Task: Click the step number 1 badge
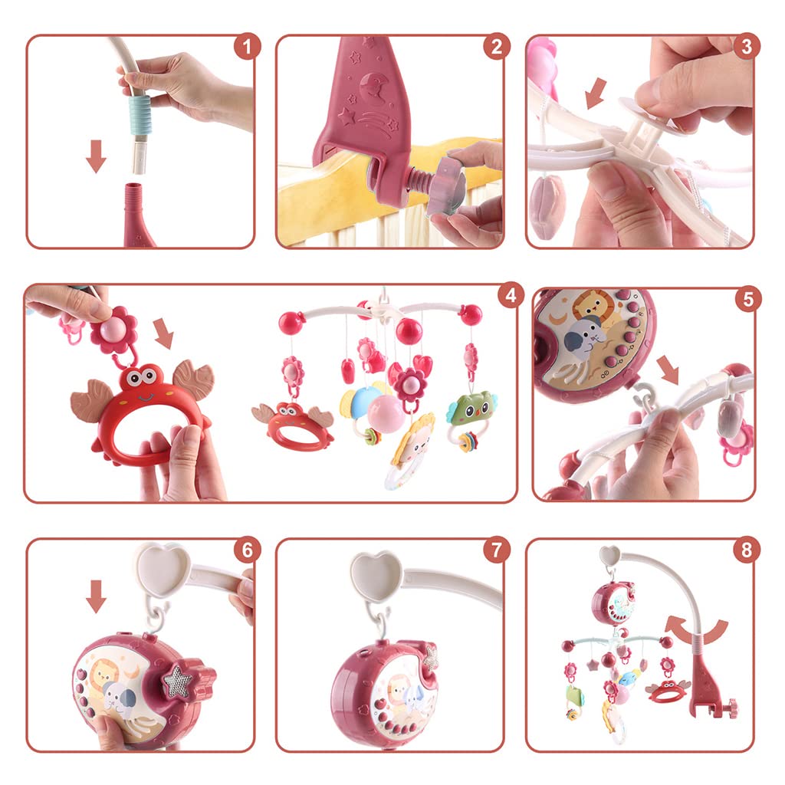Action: pyautogui.click(x=247, y=47)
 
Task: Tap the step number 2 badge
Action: pyautogui.click(x=497, y=47)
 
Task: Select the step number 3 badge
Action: pyautogui.click(x=747, y=47)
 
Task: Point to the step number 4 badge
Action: pyautogui.click(x=511, y=295)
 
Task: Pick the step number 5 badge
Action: pyautogui.click(x=748, y=299)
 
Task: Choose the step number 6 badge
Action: pyautogui.click(x=247, y=550)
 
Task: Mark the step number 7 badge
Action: pyautogui.click(x=497, y=550)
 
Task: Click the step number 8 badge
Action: pyautogui.click(x=747, y=550)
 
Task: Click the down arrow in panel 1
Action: pyautogui.click(x=96, y=156)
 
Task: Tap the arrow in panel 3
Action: pyautogui.click(x=596, y=93)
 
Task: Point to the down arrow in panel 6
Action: pyautogui.click(x=96, y=596)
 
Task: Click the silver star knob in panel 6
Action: pyautogui.click(x=178, y=681)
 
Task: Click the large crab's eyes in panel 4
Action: pyautogui.click(x=141, y=376)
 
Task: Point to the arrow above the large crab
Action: pyautogui.click(x=163, y=333)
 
